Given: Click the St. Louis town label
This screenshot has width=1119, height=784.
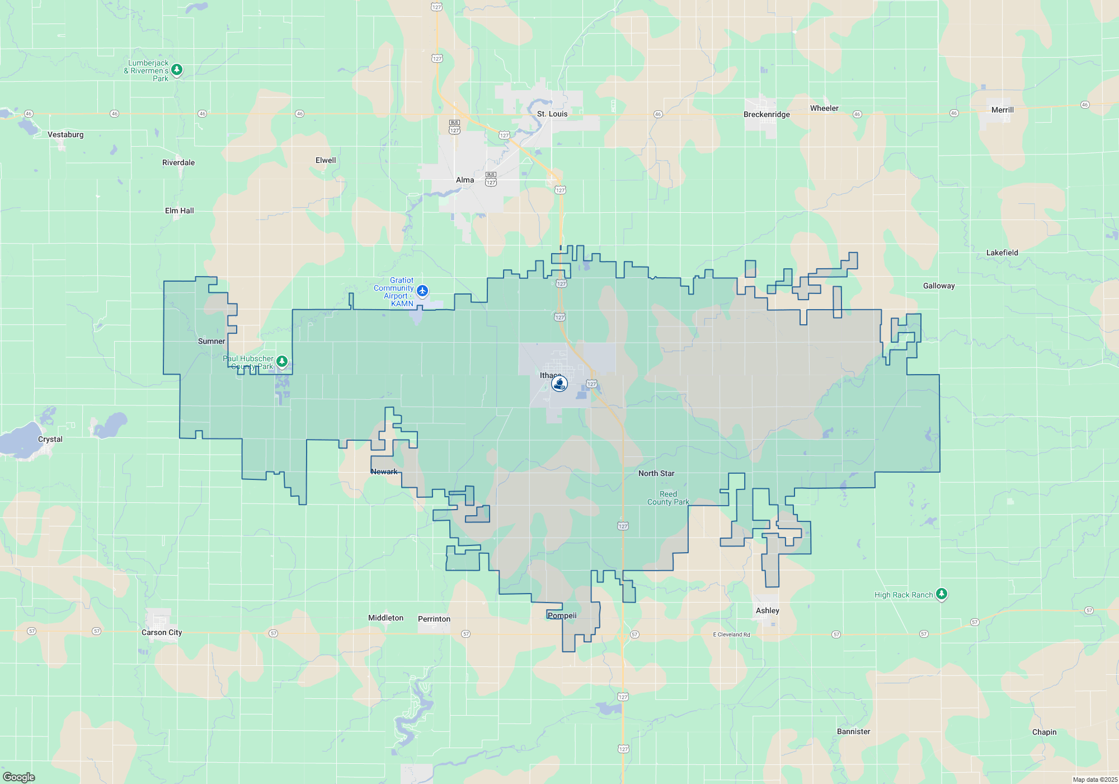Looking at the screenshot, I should pos(552,114).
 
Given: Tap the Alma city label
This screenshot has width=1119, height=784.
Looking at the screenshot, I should pos(464,180).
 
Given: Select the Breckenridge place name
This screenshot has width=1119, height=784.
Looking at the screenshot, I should pos(767,114).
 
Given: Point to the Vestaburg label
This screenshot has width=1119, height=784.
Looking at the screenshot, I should pos(65,134).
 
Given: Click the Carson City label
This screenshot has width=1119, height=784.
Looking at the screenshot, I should pos(161,632).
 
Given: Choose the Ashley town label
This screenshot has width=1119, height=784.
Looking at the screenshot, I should pos(767,610).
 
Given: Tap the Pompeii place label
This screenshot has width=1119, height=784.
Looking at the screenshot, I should pos(562,615).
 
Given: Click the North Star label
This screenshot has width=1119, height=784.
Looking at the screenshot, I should pos(656,473).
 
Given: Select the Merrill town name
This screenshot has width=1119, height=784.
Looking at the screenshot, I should pos(1002,110).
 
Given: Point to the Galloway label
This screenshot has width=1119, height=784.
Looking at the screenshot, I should pos(938,286).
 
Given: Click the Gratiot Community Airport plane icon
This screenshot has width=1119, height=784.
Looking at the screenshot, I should pos(422,291).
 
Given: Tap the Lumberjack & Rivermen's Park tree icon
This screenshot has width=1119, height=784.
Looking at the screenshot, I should pos(177,69).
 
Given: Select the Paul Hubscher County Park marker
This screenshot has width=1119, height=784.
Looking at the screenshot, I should pos(282,361).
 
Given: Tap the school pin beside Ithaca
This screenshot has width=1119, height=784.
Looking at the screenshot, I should pos(559,384).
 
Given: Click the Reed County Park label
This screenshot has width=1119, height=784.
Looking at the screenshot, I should pos(668,498).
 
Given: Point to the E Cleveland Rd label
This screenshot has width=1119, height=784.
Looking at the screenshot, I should pos(731,634).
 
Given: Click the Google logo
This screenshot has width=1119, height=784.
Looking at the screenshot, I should pos(19,777).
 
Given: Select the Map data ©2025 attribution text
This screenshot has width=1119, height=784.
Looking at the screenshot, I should pos(1095,780).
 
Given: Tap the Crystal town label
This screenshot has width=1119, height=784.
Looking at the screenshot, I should pos(50,439).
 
